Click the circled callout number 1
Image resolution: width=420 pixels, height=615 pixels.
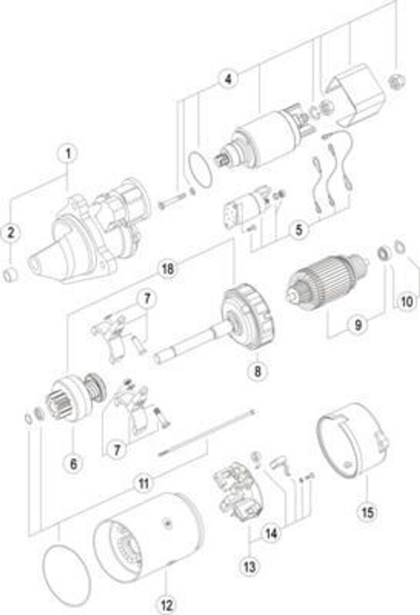click(68, 154)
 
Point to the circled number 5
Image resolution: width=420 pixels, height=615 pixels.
click(299, 230)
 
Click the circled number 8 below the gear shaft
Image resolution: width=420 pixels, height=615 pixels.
click(257, 371)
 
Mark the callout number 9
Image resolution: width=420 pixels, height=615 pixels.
click(358, 325)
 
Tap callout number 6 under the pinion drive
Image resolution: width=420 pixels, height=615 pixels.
click(73, 463)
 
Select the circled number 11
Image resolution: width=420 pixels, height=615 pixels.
click(142, 484)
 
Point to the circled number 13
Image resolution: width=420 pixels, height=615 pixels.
click(248, 566)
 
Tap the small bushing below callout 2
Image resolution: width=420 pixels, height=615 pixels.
click(10, 276)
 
